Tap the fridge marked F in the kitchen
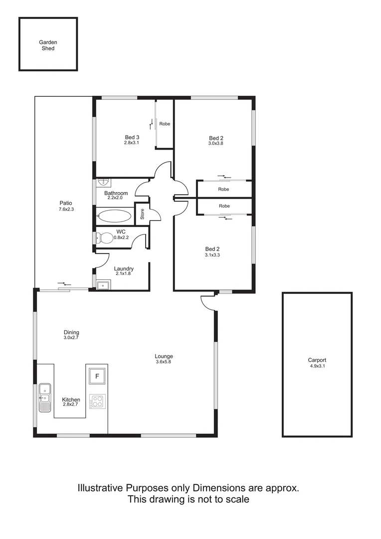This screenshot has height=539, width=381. (x=97, y=376)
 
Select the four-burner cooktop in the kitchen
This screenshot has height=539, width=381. (x=97, y=401)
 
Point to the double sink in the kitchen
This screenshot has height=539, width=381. (x=45, y=397)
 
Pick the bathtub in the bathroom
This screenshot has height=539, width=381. (x=114, y=217)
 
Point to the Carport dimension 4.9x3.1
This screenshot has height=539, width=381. (x=317, y=366)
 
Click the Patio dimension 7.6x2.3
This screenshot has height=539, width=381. (x=66, y=209)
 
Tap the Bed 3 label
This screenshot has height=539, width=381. (x=132, y=137)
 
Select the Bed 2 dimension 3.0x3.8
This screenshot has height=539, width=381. (x=216, y=144)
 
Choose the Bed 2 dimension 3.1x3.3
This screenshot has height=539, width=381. (x=212, y=255)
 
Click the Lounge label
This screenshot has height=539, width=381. (x=164, y=356)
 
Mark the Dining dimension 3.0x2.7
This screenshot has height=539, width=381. (x=71, y=338)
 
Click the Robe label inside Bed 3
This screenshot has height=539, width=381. (x=165, y=123)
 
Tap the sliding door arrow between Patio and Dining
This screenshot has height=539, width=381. (x=64, y=284)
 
